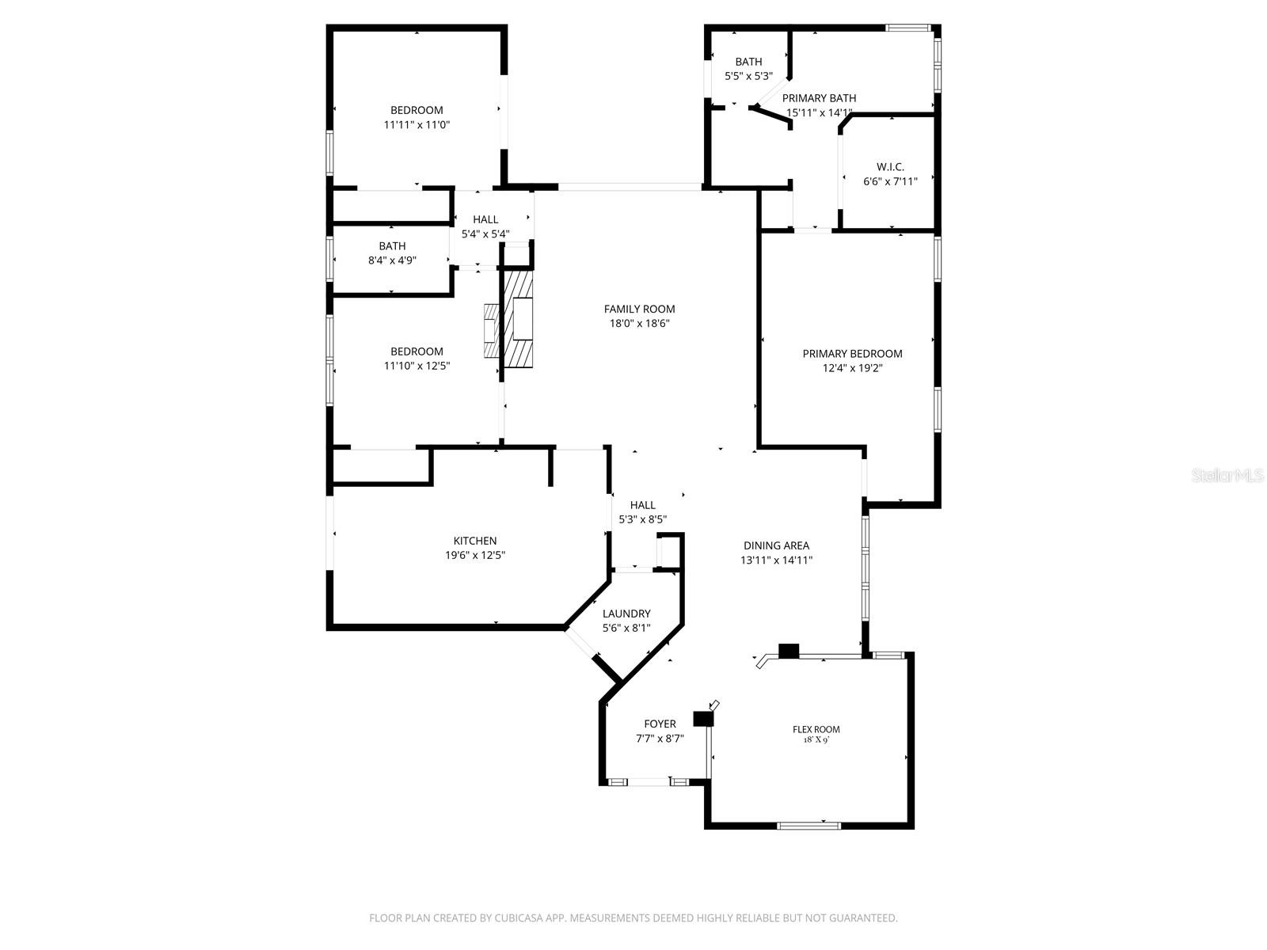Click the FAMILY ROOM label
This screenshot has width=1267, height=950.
[x=639, y=310]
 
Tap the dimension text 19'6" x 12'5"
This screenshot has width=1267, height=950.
[x=475, y=556]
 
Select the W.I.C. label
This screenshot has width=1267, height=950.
[x=890, y=167]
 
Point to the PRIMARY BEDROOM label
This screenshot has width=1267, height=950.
[x=852, y=354]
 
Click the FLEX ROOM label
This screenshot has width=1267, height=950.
[x=816, y=729]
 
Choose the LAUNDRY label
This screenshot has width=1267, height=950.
[x=626, y=614]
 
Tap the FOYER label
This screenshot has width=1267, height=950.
[x=660, y=724]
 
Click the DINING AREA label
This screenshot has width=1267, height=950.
[x=776, y=545]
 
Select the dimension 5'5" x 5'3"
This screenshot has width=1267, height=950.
[x=748, y=77]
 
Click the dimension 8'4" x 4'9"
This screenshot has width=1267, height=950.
[x=392, y=260]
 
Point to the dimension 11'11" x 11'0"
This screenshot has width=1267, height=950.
[x=417, y=125]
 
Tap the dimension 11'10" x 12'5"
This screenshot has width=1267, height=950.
[x=417, y=366]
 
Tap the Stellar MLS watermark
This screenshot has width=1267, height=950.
[x=1227, y=475]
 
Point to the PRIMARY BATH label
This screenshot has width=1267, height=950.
[x=819, y=98]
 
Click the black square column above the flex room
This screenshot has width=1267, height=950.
[x=789, y=652]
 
